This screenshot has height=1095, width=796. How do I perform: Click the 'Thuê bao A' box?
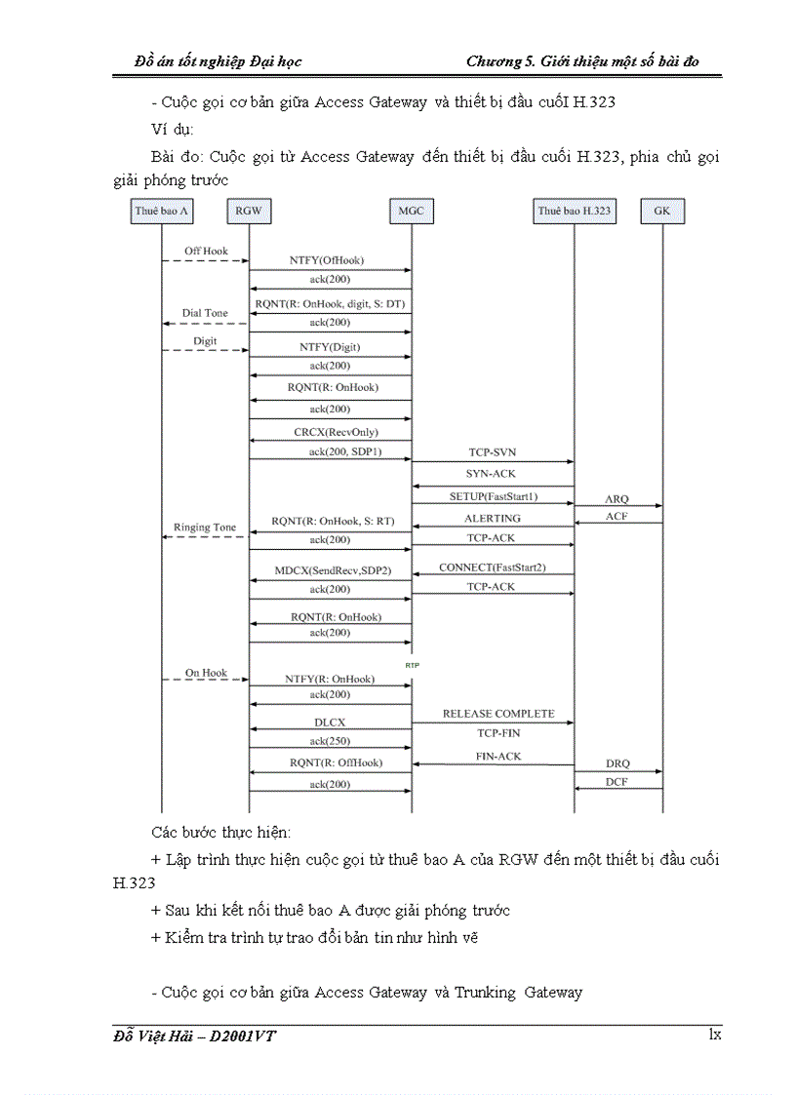[x=161, y=211]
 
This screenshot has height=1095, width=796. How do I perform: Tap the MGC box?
[x=411, y=211]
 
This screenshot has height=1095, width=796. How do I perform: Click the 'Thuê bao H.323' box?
[x=574, y=211]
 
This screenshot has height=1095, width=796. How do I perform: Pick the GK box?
[x=662, y=211]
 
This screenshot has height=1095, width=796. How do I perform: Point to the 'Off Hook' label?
[x=206, y=252]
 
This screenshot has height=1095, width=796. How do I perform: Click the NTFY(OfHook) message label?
[x=327, y=260]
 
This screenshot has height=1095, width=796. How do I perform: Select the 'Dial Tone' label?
[x=205, y=313]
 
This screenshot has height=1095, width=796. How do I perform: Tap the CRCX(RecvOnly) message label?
[x=336, y=432]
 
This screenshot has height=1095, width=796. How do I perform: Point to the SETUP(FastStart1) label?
[x=493, y=496]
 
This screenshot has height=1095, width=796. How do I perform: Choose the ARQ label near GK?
[x=617, y=498]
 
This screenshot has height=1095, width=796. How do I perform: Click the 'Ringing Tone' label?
[x=205, y=527]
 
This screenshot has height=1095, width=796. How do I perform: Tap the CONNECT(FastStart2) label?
[x=492, y=567]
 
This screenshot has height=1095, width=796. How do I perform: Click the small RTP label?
[x=412, y=664]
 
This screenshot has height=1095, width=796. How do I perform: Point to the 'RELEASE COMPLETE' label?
[x=497, y=714]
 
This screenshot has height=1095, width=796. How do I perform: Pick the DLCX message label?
[x=331, y=723]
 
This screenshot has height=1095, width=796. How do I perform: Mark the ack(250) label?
[x=330, y=741]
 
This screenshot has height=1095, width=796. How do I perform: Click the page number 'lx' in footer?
[x=714, y=1035]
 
